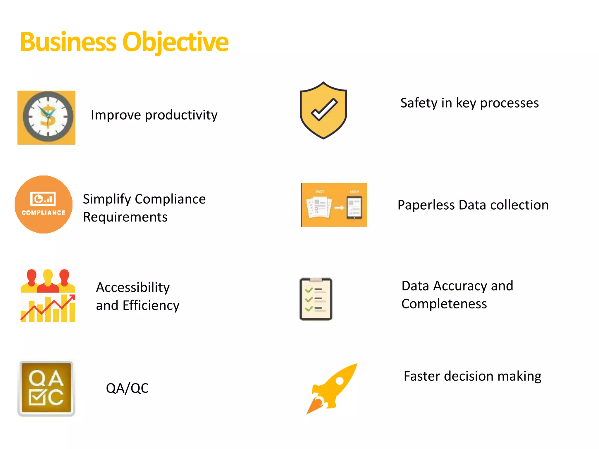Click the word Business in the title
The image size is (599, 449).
(68, 42)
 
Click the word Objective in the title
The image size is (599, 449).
(175, 42)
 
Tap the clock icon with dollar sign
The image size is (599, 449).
(47, 118)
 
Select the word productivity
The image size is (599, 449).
(181, 115)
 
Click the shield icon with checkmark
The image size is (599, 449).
(323, 110)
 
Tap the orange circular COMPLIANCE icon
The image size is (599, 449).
(44, 204)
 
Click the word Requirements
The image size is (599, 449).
(125, 217)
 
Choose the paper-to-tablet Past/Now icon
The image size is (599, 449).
(334, 205)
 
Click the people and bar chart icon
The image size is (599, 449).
(48, 295)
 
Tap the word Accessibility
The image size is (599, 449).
(133, 287)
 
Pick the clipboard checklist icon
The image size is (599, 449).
(316, 299)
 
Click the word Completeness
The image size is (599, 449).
(444, 304)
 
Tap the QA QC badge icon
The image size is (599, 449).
(47, 388)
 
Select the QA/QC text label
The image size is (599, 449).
(127, 388)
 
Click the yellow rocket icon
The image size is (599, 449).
(332, 388)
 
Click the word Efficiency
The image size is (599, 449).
(151, 305)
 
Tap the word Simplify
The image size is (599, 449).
(107, 199)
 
